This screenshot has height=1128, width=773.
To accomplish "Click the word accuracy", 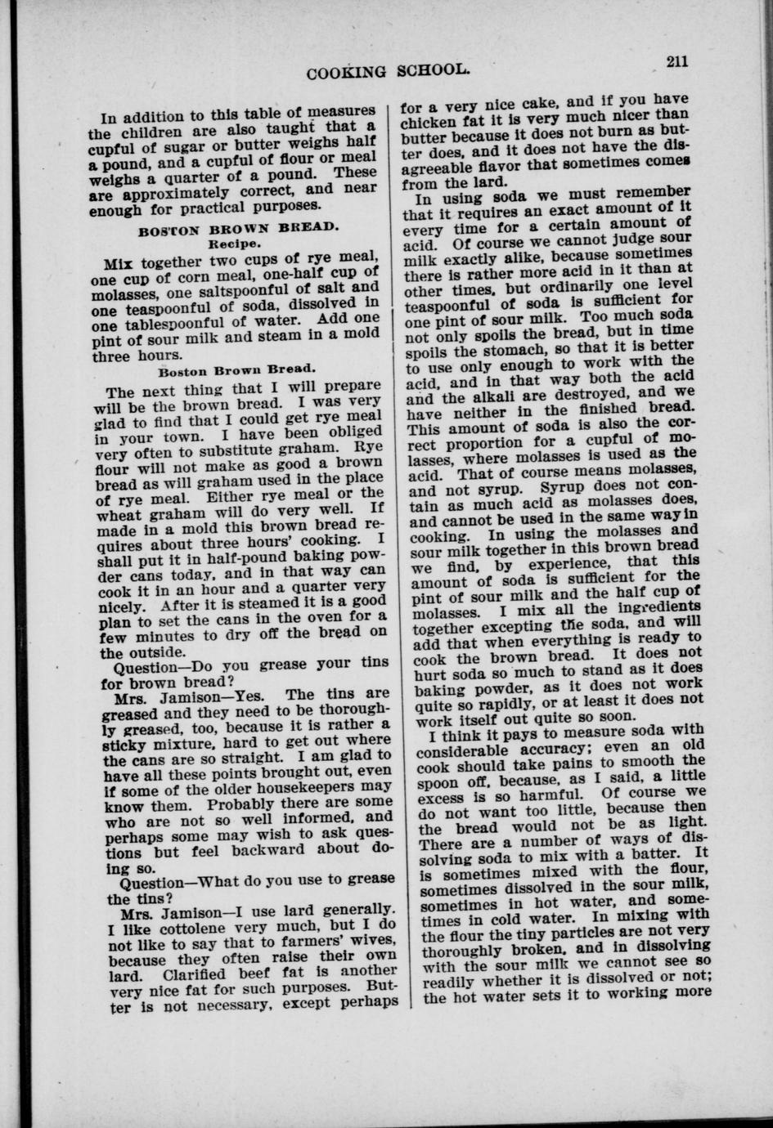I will click(586, 745).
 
